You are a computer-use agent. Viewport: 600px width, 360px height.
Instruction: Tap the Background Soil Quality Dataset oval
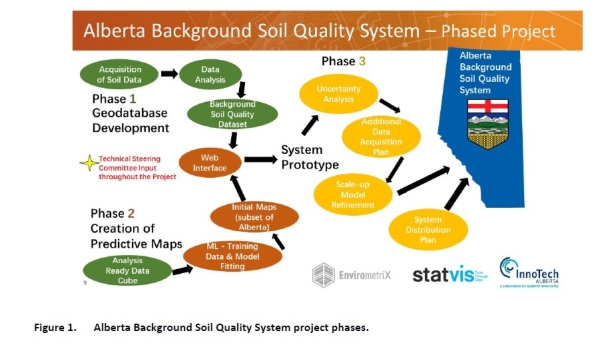tap(234, 116)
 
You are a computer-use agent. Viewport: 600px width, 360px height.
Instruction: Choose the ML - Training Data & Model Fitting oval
tap(228, 254)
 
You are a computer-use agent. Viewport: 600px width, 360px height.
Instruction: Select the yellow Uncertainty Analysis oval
tap(337, 94)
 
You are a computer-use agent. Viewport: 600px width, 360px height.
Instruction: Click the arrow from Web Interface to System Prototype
tap(262, 159)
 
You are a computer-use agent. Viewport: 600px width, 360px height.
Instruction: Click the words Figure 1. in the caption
tap(59, 326)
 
